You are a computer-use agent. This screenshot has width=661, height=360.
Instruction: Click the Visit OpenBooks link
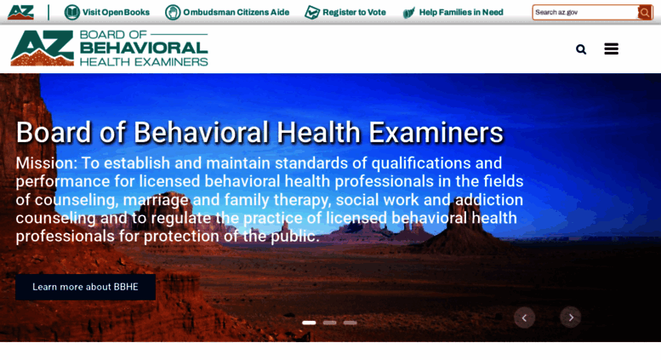(x=116, y=12)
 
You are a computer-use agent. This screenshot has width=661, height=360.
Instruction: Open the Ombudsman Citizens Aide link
(x=236, y=12)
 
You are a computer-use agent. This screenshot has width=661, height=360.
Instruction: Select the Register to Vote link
(x=354, y=12)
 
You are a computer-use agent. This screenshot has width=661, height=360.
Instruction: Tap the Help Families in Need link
(x=460, y=12)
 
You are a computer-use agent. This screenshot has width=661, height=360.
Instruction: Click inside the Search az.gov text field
(x=584, y=12)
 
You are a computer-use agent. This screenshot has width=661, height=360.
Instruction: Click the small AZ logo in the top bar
(x=20, y=12)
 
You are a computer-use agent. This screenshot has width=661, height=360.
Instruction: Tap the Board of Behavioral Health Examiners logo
(x=109, y=49)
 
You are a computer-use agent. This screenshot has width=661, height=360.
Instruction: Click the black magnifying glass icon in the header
(x=581, y=49)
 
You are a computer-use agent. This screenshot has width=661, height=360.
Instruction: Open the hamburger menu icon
(x=611, y=49)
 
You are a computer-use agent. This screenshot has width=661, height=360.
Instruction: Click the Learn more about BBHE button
(x=85, y=287)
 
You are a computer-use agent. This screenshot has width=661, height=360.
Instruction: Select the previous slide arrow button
(x=524, y=317)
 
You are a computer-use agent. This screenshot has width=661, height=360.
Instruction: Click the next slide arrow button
(x=571, y=317)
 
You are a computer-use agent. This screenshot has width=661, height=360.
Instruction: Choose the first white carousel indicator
(x=309, y=323)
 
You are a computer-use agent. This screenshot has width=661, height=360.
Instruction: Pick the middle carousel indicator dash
(x=330, y=323)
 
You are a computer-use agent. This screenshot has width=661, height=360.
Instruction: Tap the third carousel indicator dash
(x=350, y=323)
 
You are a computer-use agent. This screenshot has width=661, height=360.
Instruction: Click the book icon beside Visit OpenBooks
(x=72, y=12)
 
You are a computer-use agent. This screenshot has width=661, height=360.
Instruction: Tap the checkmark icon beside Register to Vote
(x=312, y=12)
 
